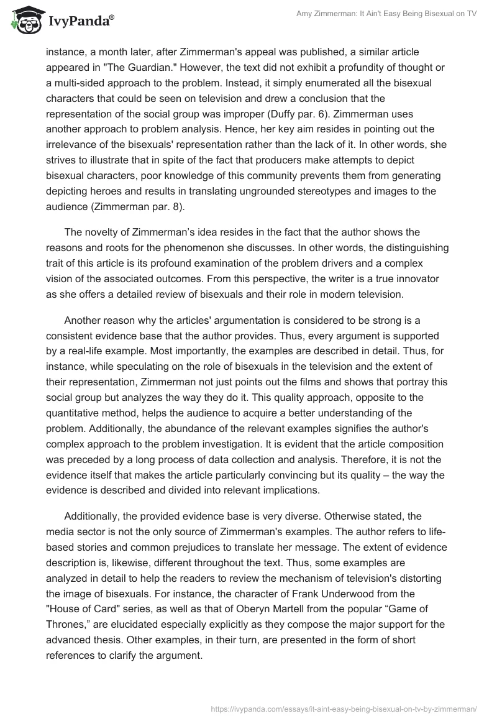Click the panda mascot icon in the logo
(24, 22)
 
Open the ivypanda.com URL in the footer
(344, 708)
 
